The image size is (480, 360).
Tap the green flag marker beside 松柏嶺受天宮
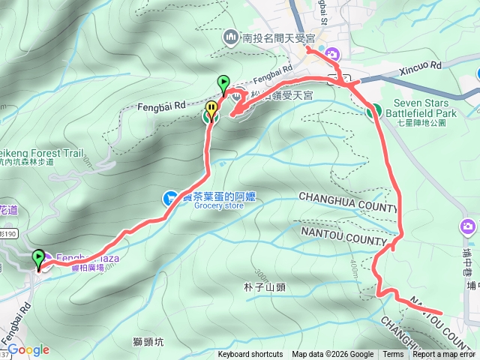point(223,82)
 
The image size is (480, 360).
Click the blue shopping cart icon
point(170,198)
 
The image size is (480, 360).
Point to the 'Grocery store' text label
point(219,205)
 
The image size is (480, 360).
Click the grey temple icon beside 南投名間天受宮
point(230,35)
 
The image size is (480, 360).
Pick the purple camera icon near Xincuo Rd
point(332,54)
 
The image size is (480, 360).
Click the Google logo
point(28,350)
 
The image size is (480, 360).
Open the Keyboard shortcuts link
point(250,355)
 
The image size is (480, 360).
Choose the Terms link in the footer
point(393,355)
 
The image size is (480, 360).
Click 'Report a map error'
point(444,355)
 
